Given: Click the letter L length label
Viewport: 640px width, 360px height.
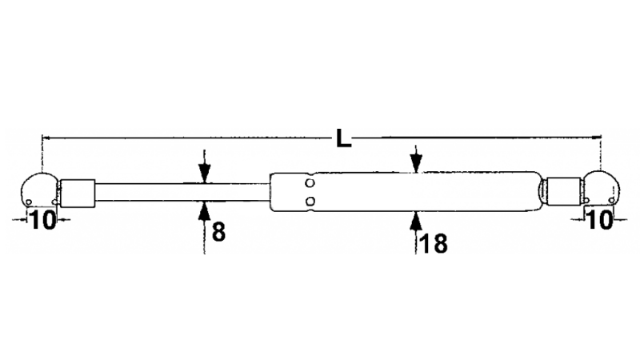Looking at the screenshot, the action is tap(344, 138).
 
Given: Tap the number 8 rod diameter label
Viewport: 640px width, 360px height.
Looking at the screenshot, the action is tap(218, 232).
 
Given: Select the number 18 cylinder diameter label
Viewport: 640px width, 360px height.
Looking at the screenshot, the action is tap(434, 243).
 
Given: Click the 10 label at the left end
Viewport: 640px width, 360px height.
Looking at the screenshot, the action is tap(42, 220).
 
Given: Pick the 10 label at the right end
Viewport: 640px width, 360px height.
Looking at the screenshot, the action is tap(599, 220).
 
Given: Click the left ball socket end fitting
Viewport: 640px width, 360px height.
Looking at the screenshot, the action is tap(39, 190).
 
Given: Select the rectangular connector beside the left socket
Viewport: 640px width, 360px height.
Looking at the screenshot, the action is tap(78, 193).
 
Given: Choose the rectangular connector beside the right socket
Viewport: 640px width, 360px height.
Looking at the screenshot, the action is tap(564, 192).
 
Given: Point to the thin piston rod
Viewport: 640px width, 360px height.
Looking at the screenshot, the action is tap(182, 192).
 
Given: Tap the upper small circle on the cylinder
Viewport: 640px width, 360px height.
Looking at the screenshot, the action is tap(310, 183).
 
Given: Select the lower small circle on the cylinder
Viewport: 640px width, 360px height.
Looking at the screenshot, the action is tap(310, 201).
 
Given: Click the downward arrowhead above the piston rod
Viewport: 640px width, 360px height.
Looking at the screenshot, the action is tap(205, 173).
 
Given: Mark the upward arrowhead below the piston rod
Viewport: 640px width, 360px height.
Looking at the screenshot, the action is tap(205, 211).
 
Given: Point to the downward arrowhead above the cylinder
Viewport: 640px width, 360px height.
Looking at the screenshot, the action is tap(415, 163).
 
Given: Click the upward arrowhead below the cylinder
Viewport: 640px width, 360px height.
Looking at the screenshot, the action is tap(415, 221).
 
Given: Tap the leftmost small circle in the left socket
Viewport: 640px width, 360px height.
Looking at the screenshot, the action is tap(29, 202).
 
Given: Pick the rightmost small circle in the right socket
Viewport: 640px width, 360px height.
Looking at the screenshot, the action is tap(611, 200).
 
